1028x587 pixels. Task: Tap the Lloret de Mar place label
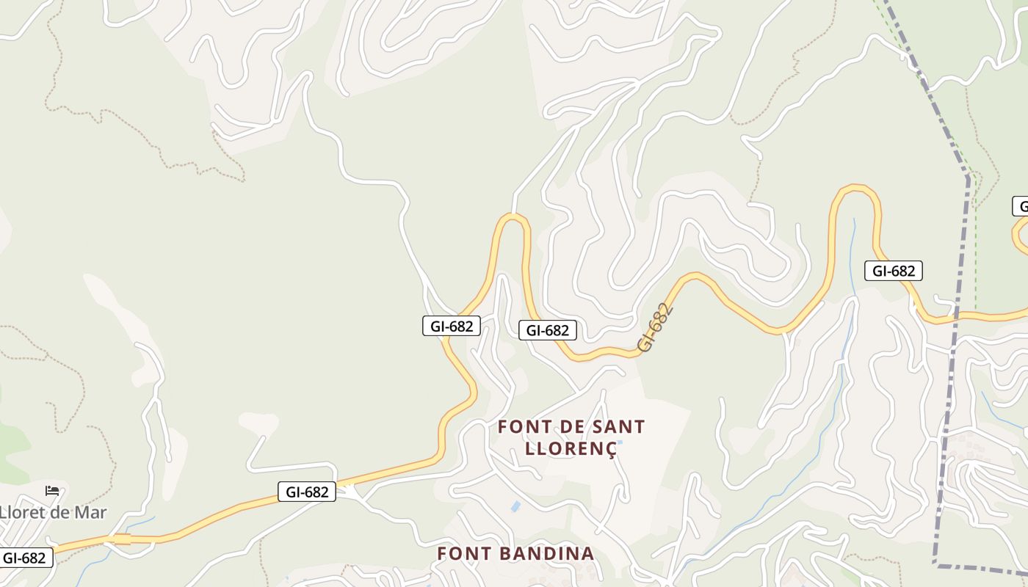(53, 512)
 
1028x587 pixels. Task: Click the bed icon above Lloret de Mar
(51, 490)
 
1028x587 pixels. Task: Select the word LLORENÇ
(571, 449)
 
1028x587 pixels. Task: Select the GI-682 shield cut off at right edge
(1021, 206)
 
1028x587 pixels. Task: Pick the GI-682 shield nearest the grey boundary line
(893, 271)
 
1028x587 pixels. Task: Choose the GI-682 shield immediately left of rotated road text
(548, 330)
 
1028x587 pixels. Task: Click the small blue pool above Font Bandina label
(515, 506)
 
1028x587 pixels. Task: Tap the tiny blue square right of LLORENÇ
(620, 442)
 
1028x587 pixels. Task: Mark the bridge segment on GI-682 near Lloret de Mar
(122, 539)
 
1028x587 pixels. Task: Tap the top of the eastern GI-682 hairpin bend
(855, 189)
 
